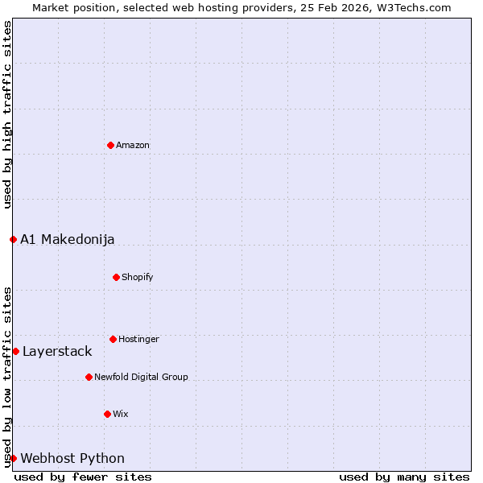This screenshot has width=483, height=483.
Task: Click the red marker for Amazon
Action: (110, 145)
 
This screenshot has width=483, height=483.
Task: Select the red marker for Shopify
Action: (116, 277)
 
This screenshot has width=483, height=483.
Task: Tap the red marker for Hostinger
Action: (113, 339)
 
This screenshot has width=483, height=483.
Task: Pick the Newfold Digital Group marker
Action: (89, 377)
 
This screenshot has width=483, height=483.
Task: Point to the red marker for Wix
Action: (107, 414)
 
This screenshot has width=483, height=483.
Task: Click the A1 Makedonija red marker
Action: (13, 239)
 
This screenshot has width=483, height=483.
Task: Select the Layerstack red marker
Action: (15, 351)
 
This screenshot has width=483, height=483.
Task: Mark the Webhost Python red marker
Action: (13, 458)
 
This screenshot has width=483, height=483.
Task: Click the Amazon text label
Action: (133, 145)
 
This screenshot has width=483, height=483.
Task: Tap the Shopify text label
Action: (138, 277)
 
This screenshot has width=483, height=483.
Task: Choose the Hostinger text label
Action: (138, 339)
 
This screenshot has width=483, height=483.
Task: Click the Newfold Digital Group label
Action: (141, 377)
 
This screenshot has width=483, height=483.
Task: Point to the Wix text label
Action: (121, 414)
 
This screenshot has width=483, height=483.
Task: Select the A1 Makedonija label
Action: (68, 239)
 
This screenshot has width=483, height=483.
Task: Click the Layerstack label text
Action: (57, 351)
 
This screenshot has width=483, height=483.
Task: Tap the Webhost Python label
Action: (72, 458)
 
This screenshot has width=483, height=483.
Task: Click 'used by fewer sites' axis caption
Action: (83, 477)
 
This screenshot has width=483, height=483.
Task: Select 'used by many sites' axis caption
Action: (404, 477)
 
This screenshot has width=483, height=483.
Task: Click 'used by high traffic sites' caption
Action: (7, 114)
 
